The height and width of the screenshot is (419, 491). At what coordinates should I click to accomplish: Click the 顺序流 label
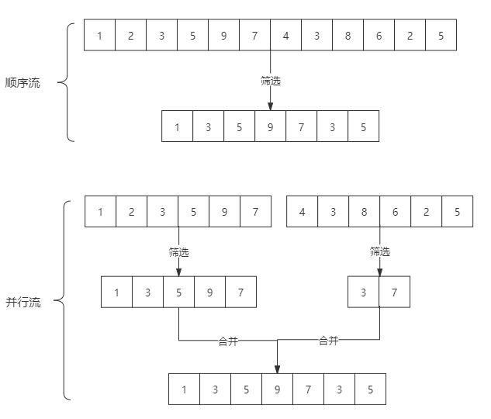[22, 83]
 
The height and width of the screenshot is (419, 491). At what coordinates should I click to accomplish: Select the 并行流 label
[22, 303]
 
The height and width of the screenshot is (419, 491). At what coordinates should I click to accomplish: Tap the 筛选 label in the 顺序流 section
[271, 80]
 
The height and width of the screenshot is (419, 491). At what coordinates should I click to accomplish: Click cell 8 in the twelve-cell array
[348, 35]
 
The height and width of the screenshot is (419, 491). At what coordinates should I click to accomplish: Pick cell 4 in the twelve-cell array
[285, 35]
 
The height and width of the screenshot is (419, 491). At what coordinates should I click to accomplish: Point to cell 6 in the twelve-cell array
[379, 35]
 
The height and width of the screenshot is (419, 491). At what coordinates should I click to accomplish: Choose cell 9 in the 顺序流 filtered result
[270, 127]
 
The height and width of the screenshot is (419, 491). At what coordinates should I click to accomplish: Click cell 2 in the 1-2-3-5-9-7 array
[131, 212]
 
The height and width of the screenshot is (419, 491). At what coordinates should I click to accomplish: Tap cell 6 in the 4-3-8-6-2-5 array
[395, 212]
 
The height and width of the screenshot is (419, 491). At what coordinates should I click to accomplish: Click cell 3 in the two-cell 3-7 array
[364, 293]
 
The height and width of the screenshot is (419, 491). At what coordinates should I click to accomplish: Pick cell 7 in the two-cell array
[395, 293]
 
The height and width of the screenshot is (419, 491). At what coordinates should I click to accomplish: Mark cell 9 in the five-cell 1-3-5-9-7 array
[209, 293]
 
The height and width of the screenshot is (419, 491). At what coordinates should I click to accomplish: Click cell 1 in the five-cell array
[116, 293]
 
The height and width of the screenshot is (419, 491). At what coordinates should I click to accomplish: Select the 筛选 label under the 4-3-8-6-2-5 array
[379, 251]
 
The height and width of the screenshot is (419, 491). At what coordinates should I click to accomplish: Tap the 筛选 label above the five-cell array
[178, 251]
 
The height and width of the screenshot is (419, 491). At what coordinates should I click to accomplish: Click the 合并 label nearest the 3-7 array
[329, 340]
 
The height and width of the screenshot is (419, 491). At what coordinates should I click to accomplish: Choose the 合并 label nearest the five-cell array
[228, 341]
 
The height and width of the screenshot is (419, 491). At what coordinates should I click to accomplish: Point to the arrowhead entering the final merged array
[277, 369]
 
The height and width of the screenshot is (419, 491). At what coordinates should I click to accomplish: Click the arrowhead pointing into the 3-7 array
[379, 272]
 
